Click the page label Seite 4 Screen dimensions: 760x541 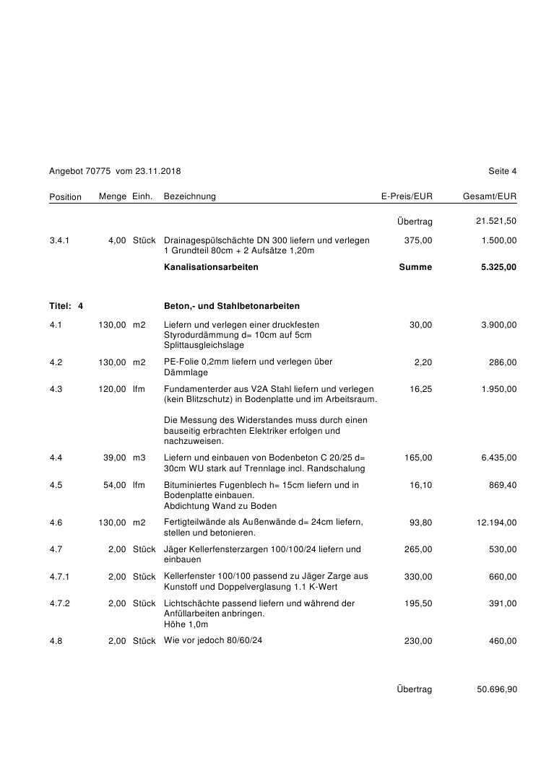point(502,171)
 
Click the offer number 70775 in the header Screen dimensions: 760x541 point(98,171)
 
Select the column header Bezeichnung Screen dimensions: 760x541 point(190,196)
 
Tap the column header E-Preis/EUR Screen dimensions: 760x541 point(407,196)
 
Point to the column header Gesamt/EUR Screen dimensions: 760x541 point(490,196)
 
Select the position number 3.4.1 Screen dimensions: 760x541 point(61,240)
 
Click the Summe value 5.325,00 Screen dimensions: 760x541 point(498,267)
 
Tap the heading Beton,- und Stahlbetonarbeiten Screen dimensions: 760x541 point(232,306)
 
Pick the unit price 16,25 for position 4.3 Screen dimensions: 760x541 point(420,389)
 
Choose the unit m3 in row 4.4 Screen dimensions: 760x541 point(139,458)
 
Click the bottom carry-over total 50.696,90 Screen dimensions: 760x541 point(497,689)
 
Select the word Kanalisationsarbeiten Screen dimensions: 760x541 point(211,267)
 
